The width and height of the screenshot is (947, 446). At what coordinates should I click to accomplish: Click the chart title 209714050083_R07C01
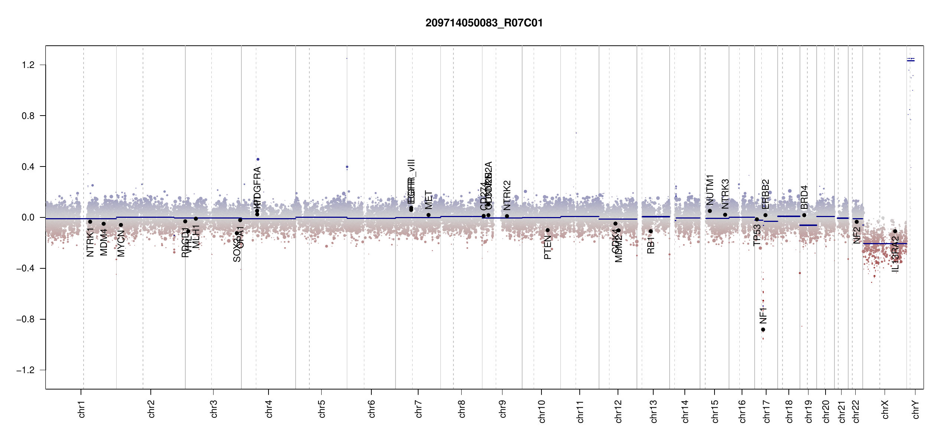click(x=484, y=23)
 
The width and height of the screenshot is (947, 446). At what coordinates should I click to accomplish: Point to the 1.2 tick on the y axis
click(x=28, y=65)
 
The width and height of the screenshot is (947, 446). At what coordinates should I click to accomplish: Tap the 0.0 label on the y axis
click(x=28, y=217)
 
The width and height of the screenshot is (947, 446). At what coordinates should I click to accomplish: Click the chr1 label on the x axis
click(x=82, y=409)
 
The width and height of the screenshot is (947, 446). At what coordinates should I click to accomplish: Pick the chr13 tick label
click(x=654, y=411)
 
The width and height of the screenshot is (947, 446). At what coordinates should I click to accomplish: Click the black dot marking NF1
click(x=763, y=330)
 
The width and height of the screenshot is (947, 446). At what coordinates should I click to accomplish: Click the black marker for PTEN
click(x=547, y=230)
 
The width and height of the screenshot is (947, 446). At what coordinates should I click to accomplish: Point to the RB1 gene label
click(x=651, y=246)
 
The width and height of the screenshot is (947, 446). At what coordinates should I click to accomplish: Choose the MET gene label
click(x=429, y=200)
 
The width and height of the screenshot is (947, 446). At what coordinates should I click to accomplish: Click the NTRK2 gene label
click(x=507, y=195)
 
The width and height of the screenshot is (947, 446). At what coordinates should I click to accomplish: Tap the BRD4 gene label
click(x=804, y=198)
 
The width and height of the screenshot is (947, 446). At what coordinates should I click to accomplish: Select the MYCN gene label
click(x=121, y=243)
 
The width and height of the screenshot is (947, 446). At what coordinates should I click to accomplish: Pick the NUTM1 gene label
click(x=710, y=190)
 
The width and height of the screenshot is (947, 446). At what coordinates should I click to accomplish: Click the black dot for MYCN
click(x=121, y=225)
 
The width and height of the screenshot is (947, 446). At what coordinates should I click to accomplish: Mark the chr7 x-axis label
click(x=419, y=409)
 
